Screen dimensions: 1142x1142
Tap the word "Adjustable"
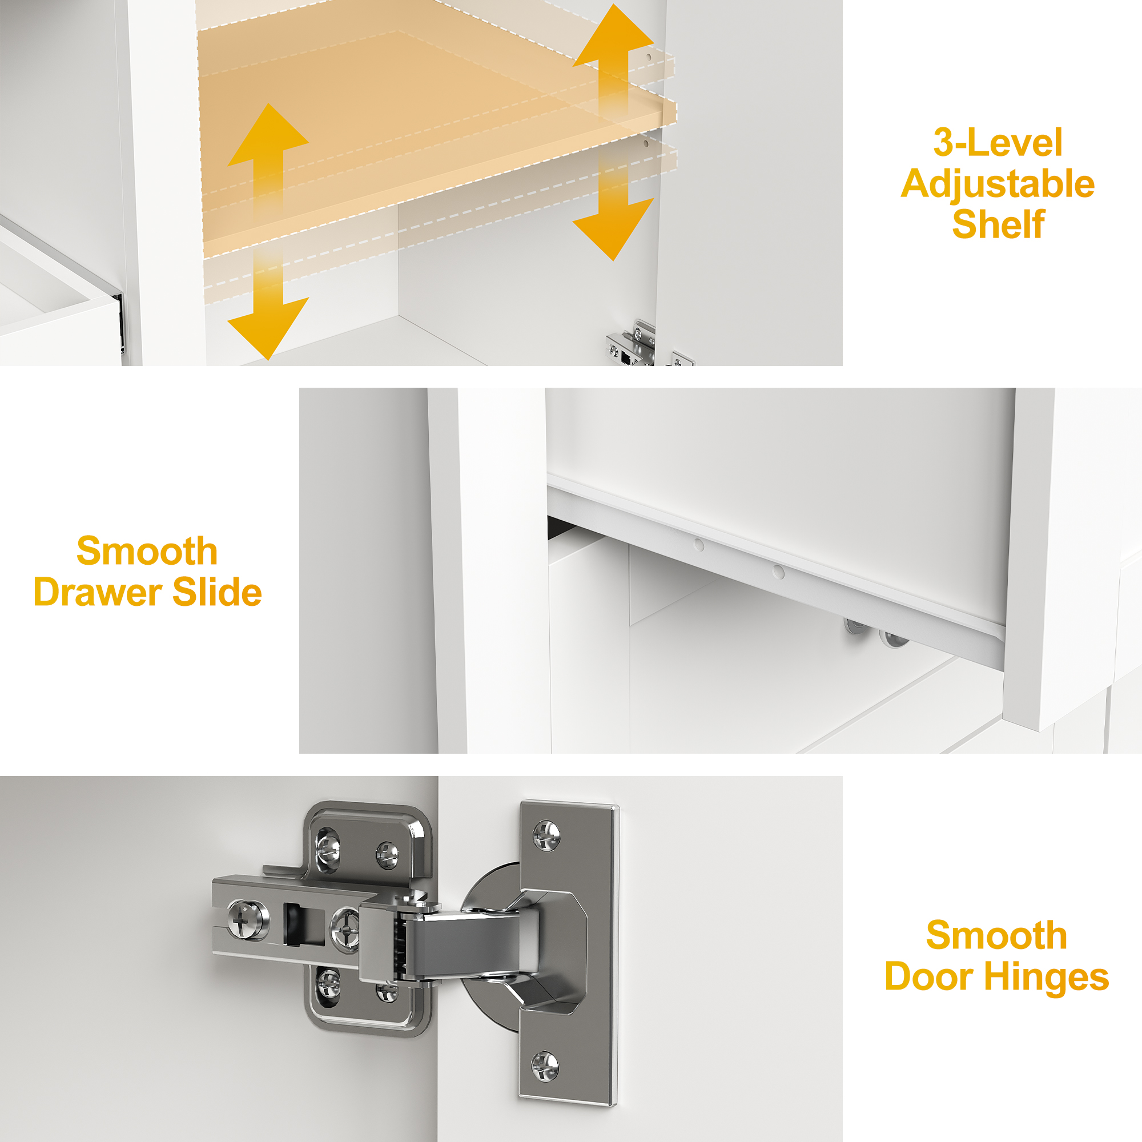click(998, 184)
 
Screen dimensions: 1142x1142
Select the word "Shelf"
click(998, 224)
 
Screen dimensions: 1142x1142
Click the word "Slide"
click(217, 592)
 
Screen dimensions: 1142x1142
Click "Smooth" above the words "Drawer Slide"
click(147, 551)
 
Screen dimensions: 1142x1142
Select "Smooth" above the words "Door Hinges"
click(996, 935)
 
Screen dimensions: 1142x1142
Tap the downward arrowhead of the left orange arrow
click(268, 329)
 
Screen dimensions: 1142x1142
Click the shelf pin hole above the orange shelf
click(649, 58)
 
